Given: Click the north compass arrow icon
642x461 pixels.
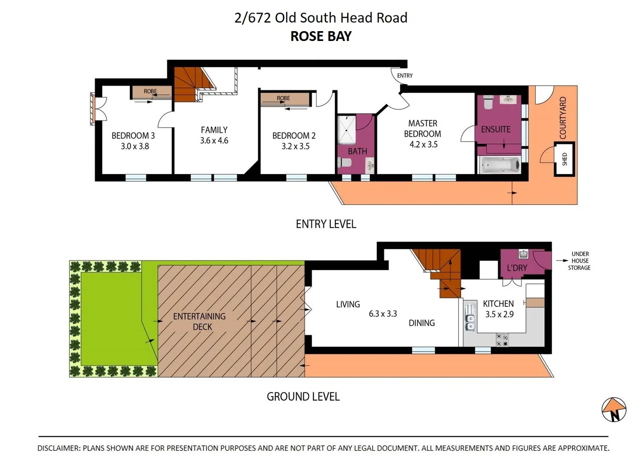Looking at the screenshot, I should [x=614, y=410].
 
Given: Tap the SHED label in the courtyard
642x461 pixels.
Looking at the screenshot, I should [x=565, y=159].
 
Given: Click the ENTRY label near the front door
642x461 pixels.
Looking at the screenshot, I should [x=405, y=76].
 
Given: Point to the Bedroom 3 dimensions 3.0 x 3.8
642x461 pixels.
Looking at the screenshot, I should [x=135, y=146].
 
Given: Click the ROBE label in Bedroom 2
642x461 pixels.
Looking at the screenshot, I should [x=283, y=98].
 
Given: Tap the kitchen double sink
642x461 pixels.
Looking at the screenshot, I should [x=470, y=318].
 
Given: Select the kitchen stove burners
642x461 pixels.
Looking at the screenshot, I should [x=502, y=340].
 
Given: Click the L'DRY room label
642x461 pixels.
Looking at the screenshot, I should [x=517, y=268].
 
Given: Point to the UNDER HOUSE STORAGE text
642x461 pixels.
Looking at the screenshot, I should [x=579, y=260].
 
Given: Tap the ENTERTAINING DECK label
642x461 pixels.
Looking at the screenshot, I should [x=200, y=321].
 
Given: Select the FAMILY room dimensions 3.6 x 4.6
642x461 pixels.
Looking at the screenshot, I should [x=214, y=140].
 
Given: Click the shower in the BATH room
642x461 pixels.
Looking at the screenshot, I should [x=346, y=130].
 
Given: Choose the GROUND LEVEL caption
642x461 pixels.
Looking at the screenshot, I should [x=303, y=397].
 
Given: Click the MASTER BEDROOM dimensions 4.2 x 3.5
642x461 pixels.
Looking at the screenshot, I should [x=423, y=144].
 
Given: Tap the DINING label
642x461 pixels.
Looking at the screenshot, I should [x=421, y=323].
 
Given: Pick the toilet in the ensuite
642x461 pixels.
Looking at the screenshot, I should [x=488, y=102].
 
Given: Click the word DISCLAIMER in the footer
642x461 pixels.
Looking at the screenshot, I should [x=58, y=448].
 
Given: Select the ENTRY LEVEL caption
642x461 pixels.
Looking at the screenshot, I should [x=326, y=224].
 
